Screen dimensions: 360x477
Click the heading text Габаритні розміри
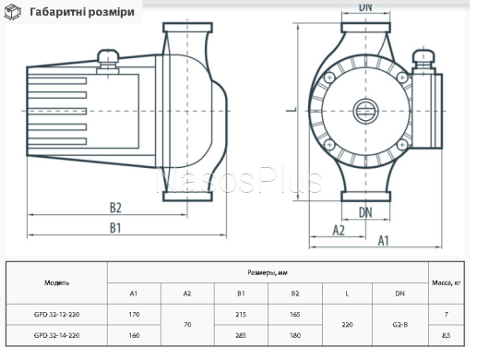[x=81, y=12]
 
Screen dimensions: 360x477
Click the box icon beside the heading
[x=14, y=12]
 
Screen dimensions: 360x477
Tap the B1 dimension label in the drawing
[x=114, y=227]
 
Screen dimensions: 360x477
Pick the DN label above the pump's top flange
[x=364, y=6]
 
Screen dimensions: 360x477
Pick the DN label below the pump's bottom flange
[x=365, y=211]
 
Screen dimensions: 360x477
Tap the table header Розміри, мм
[x=268, y=272]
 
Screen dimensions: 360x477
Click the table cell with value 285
[x=241, y=335]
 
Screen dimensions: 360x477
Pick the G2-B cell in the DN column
[x=400, y=326]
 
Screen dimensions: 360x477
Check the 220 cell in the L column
[x=347, y=326]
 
